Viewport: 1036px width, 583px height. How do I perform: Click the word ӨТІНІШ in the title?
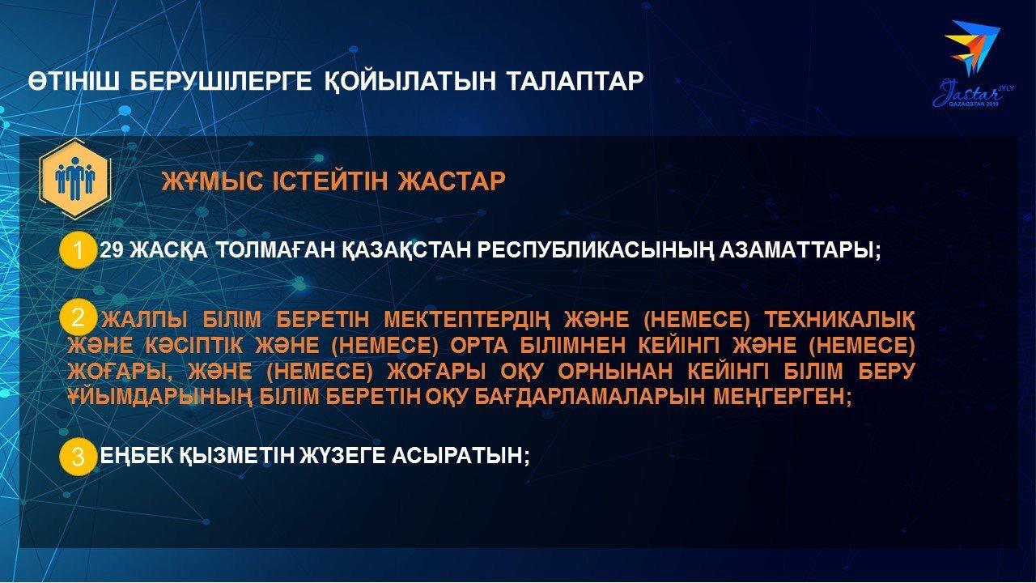(x=74, y=82)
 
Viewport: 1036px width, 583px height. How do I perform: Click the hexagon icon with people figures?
(x=74, y=178)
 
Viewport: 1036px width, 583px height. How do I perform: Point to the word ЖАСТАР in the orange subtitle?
(x=452, y=181)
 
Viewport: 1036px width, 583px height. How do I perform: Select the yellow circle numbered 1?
(x=77, y=251)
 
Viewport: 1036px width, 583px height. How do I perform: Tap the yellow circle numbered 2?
(x=77, y=318)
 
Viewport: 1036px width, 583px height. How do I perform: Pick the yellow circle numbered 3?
(x=77, y=457)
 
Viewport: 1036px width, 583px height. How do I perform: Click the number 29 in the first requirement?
(x=111, y=250)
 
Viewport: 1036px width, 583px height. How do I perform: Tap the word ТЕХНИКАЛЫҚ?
(x=839, y=320)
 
